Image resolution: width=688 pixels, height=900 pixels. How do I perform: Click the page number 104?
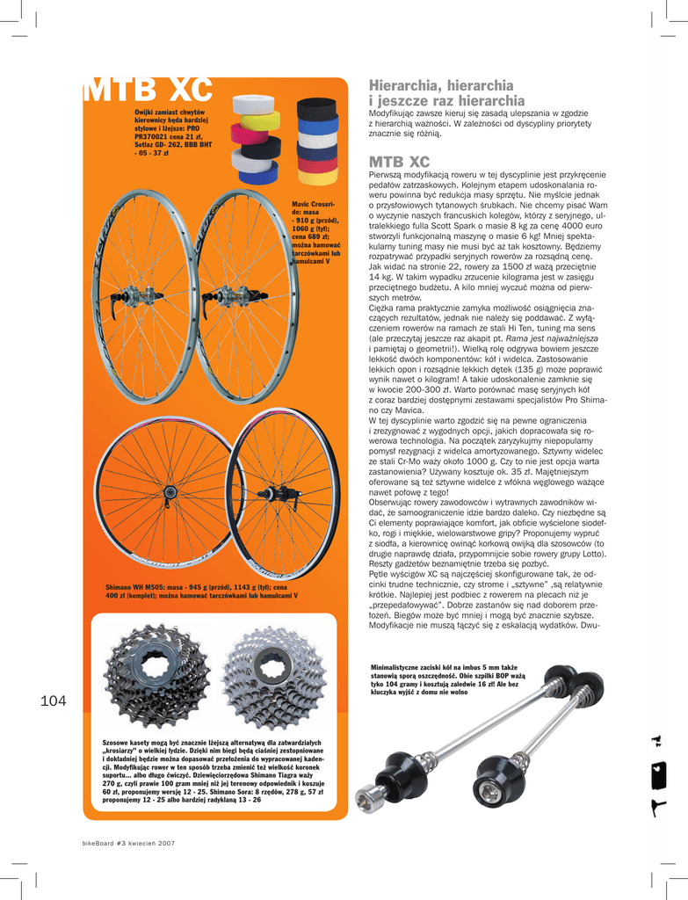(x=54, y=700)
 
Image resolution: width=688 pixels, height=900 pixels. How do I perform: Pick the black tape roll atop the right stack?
(x=316, y=109)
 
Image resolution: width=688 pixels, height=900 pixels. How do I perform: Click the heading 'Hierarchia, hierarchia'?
(x=440, y=86)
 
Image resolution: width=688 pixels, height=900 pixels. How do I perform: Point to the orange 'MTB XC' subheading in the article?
(x=399, y=163)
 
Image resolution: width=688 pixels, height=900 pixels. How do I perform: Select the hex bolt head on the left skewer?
(x=370, y=798)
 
